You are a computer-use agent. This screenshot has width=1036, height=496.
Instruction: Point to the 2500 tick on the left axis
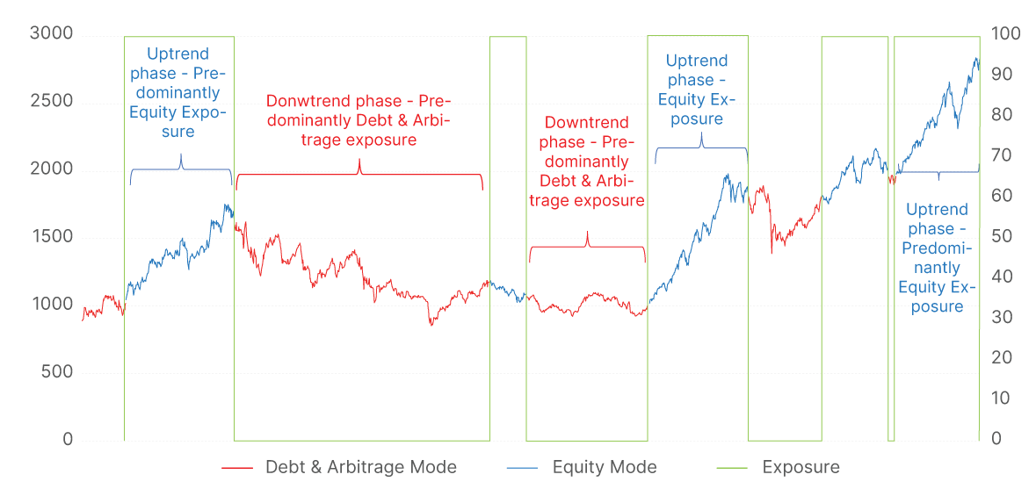[51, 102]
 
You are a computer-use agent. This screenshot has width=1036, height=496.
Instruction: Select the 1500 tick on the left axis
[51, 237]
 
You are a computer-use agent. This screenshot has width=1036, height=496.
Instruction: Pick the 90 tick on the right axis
[1001, 75]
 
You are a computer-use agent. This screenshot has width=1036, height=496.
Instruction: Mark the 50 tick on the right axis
[1001, 237]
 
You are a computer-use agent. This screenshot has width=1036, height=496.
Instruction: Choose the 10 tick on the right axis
[1001, 399]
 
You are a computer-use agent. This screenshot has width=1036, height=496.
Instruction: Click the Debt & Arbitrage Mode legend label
[361, 467]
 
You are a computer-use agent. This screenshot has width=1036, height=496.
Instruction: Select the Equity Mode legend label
[605, 467]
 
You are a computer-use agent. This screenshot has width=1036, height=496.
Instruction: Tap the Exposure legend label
[801, 467]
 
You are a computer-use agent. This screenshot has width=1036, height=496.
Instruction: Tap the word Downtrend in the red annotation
[586, 123]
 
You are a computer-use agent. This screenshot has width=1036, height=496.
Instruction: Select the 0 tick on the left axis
[68, 440]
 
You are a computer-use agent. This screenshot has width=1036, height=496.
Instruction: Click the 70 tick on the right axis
[1001, 156]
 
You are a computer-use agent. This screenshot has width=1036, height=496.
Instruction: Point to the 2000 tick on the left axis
[51, 169]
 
